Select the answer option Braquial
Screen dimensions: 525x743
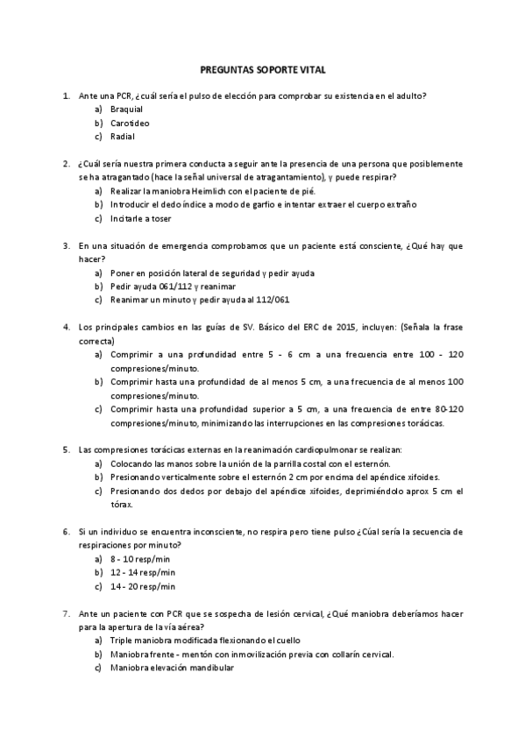click(126, 109)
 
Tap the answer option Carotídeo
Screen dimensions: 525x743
click(130, 123)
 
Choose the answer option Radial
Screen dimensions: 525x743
click(123, 137)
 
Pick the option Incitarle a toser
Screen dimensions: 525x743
click(141, 218)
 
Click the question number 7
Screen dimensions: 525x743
click(67, 614)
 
